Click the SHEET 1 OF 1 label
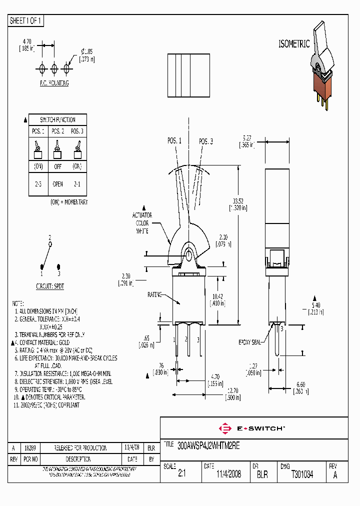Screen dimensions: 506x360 coord(26,20)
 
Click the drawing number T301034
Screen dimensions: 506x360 coord(302,474)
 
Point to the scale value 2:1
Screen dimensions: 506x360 coord(181,474)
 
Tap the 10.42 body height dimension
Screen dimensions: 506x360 coord(217,296)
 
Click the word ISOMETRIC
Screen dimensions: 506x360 coord(294,44)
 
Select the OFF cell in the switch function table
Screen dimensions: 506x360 coord(57,166)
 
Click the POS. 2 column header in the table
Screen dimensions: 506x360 coord(57,131)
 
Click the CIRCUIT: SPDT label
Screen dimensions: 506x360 coord(50,286)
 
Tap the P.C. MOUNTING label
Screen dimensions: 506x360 coord(54,83)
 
